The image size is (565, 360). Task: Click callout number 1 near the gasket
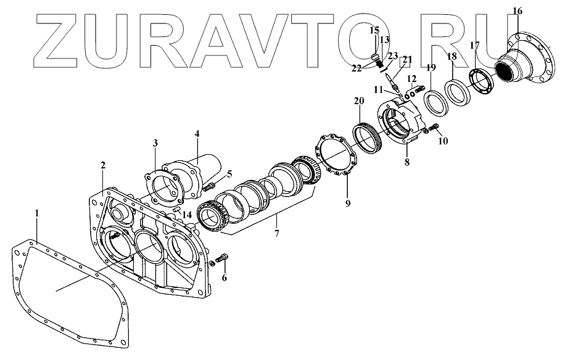pyautogui.click(x=37, y=213)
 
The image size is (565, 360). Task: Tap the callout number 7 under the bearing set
pyautogui.click(x=277, y=234)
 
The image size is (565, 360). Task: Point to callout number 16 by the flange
pyautogui.click(x=517, y=10)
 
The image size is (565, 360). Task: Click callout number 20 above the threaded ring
pyautogui.click(x=358, y=100)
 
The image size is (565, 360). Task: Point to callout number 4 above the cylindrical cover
pyautogui.click(x=197, y=133)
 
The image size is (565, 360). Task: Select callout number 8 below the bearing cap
pyautogui.click(x=406, y=163)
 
